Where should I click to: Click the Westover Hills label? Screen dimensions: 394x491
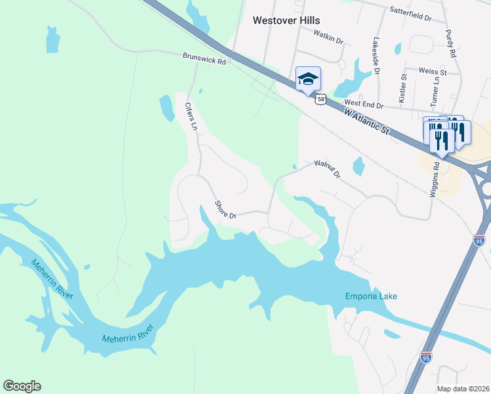click(x=286, y=20)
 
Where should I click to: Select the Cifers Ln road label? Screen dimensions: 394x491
click(x=190, y=116)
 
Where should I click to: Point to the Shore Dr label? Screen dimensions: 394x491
click(x=225, y=210)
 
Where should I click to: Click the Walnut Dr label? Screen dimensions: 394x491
click(x=328, y=169)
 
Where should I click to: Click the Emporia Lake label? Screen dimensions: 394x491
click(x=372, y=297)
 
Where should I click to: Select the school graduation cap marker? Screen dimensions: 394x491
click(x=308, y=79)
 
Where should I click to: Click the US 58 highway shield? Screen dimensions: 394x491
click(x=320, y=99)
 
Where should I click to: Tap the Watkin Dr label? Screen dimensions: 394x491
click(x=328, y=39)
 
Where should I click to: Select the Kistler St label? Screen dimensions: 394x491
click(x=404, y=86)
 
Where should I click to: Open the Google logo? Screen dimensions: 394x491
click(x=22, y=386)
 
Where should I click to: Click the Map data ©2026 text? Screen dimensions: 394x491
click(x=463, y=389)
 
